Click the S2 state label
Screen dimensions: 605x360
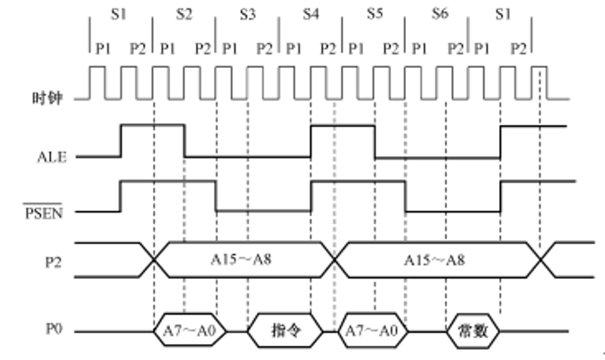[x=184, y=14]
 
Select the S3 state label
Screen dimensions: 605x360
[x=247, y=14]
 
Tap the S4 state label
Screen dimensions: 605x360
[x=311, y=14]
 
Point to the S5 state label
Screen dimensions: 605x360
[x=374, y=14]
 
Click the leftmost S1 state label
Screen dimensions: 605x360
[x=121, y=14]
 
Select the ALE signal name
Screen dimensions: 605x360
[x=51, y=157]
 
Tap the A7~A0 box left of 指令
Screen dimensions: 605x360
[x=185, y=331]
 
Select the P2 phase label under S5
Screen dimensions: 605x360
[x=390, y=48]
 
